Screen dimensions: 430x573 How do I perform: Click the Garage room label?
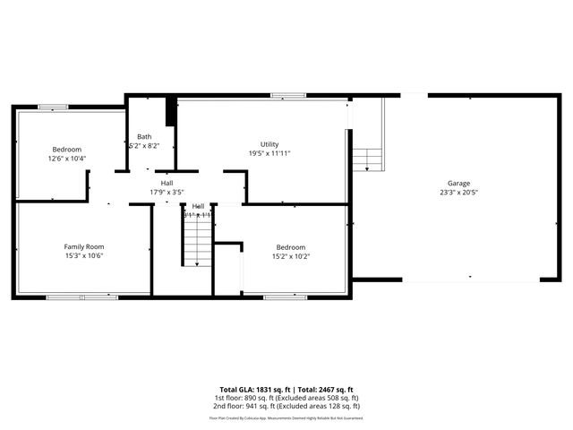tap(458, 183)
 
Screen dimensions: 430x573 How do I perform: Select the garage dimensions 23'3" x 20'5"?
tap(458, 192)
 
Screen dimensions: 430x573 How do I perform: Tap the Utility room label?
tap(269, 144)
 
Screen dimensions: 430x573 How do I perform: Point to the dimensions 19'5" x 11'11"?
tap(269, 153)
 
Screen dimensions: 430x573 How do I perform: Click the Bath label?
tap(144, 136)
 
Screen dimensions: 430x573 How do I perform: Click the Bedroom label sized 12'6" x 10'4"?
tap(66, 149)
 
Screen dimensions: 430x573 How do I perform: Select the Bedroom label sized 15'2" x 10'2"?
tap(290, 247)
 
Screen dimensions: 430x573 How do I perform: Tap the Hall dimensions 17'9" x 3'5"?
tap(167, 192)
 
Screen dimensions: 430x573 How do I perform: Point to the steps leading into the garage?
tap(366, 159)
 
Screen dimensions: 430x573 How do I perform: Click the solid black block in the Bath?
tap(170, 112)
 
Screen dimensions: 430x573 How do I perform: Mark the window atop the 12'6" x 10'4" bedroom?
tap(53, 107)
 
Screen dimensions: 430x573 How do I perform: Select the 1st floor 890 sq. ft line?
tap(286, 398)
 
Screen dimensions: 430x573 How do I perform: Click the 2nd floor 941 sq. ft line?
tap(286, 406)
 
